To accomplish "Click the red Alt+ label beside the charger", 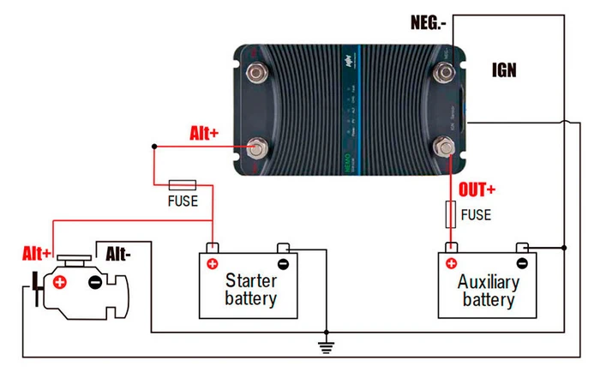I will pyautogui.click(x=204, y=134).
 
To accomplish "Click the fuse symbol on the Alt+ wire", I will pyautogui.click(x=183, y=184).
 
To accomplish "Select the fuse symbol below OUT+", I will pyautogui.click(x=450, y=213).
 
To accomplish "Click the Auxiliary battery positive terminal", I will pyautogui.click(x=451, y=263).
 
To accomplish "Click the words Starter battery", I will pyautogui.click(x=250, y=290).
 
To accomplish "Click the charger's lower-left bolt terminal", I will pyautogui.click(x=256, y=147).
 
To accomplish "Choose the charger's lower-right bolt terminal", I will pyautogui.click(x=446, y=147).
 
